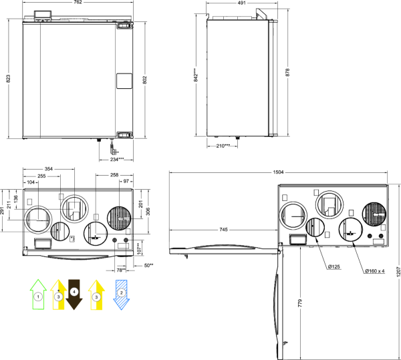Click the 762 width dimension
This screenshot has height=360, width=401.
[x=78, y=2]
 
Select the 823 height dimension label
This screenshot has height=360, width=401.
[x=8, y=78]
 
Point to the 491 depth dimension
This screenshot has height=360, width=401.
[x=241, y=3]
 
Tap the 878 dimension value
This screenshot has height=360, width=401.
[x=287, y=72]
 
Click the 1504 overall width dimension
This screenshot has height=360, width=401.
[x=278, y=172]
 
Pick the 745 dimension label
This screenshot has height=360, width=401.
[x=223, y=230]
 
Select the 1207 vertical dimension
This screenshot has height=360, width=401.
[x=398, y=272]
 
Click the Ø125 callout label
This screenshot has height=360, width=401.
[x=333, y=266]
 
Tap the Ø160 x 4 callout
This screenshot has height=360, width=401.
[x=374, y=271]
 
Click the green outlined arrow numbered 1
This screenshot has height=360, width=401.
[x=38, y=295]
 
